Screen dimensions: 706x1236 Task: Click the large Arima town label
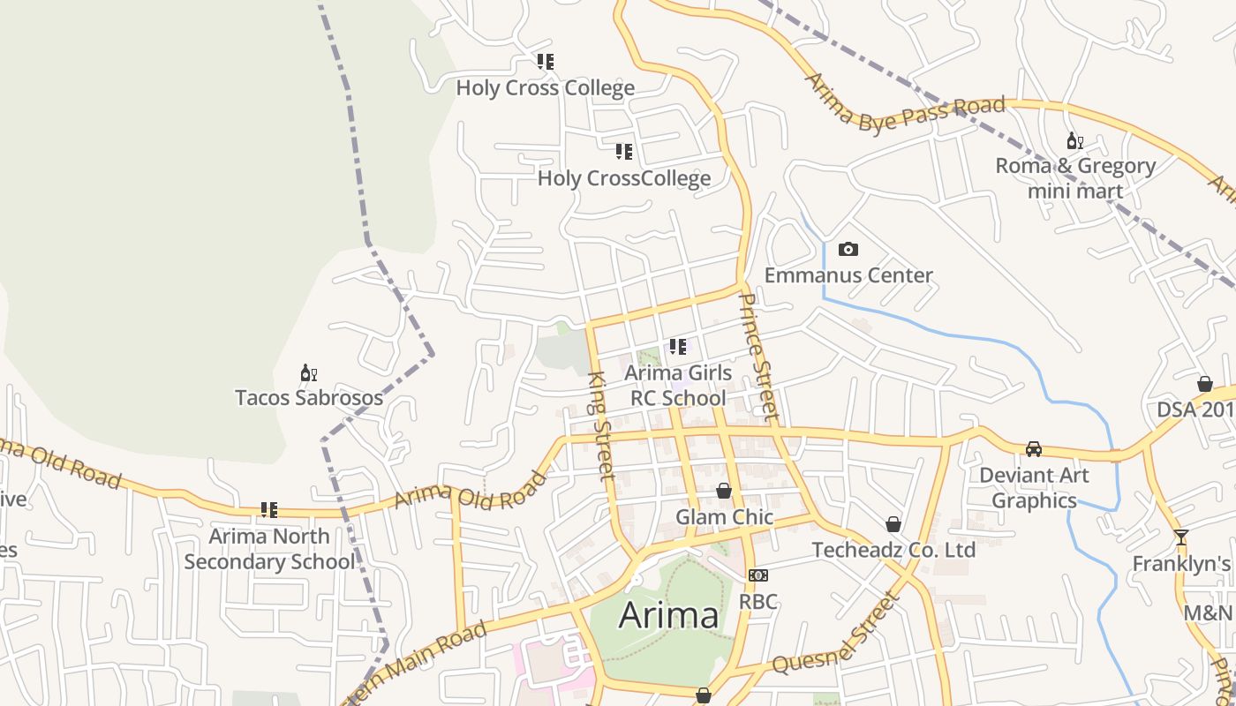pyautogui.click(x=668, y=615)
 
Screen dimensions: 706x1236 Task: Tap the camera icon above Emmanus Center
pyautogui.click(x=848, y=250)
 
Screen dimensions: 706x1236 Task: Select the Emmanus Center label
pyautogui.click(x=848, y=275)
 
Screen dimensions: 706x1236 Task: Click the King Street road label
pyautogui.click(x=601, y=426)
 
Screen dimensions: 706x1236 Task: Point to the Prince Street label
pyautogui.click(x=758, y=357)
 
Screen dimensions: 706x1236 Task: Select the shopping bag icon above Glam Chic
pyautogui.click(x=724, y=491)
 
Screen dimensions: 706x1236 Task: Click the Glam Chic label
pyautogui.click(x=724, y=517)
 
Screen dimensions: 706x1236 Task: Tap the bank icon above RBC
pyautogui.click(x=757, y=575)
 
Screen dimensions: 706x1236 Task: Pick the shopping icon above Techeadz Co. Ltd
pyautogui.click(x=893, y=524)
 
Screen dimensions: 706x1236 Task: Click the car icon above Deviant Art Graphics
pyautogui.click(x=1034, y=449)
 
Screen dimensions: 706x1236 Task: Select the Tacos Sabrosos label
pyautogui.click(x=309, y=398)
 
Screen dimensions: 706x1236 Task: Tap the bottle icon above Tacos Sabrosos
pyautogui.click(x=308, y=372)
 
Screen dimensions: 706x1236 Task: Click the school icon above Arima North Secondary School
pyautogui.click(x=269, y=510)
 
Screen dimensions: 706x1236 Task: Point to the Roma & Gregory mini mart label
pyautogui.click(x=1075, y=178)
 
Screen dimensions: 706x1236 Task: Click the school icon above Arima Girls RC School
pyautogui.click(x=677, y=347)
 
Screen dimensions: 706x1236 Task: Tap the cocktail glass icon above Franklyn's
pyautogui.click(x=1181, y=537)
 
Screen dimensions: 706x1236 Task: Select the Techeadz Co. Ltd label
pyautogui.click(x=893, y=551)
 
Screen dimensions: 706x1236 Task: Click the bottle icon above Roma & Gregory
pyautogui.click(x=1074, y=141)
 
